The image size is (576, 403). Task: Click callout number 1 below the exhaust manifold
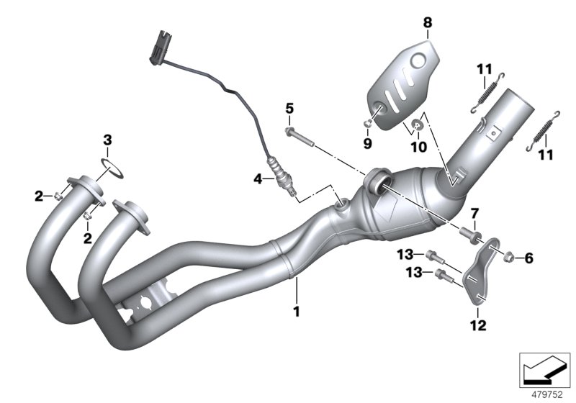pos(294,312)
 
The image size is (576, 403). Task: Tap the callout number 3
pos(106,139)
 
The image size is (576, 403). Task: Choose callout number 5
pos(289,109)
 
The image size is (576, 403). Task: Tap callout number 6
pos(530,258)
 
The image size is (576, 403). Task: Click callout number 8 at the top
pos(428,23)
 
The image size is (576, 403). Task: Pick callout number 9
pos(367,143)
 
